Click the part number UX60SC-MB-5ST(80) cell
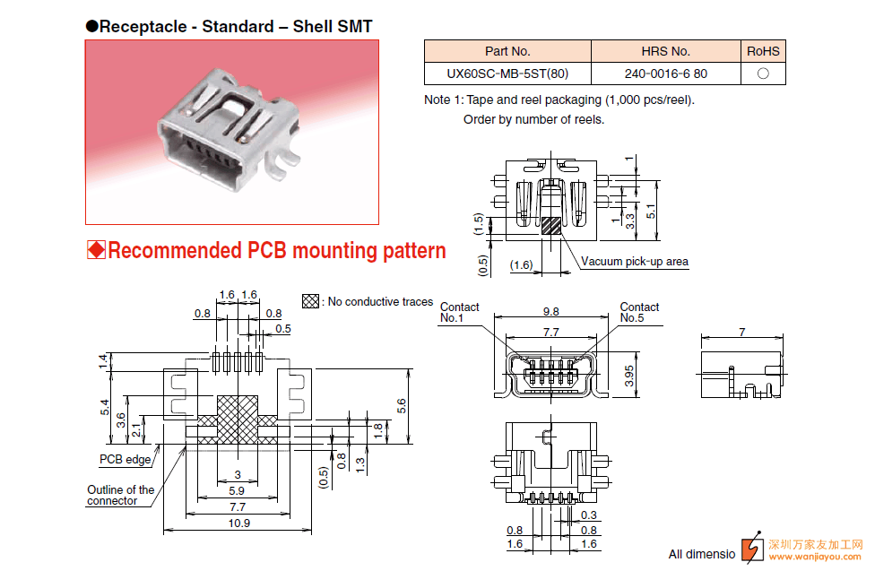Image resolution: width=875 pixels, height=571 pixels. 507,74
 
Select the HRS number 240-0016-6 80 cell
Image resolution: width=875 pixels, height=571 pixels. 666,74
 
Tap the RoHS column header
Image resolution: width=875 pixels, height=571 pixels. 763,51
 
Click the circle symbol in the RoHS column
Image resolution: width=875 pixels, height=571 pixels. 763,74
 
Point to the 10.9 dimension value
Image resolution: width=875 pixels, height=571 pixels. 238,523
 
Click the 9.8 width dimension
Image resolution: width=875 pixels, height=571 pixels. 550,311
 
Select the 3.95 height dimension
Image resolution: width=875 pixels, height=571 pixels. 629,376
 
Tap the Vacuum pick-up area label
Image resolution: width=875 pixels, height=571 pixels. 635,261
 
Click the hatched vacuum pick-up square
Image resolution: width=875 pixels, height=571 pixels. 550,226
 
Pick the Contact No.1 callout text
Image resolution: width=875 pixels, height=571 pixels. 459,312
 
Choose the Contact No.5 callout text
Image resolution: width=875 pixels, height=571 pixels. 639,312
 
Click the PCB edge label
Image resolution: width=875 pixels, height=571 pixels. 125,459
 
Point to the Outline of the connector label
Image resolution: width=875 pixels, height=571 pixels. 120,495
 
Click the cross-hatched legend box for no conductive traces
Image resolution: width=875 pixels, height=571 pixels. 310,301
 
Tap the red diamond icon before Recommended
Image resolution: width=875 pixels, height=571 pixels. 96,250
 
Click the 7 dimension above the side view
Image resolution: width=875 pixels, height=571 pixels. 742,332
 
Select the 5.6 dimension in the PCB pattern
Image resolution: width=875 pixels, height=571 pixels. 402,406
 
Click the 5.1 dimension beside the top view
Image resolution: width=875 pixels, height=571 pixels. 651,212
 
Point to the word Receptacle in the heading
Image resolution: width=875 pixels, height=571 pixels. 143,27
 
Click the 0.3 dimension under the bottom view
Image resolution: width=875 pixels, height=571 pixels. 589,515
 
